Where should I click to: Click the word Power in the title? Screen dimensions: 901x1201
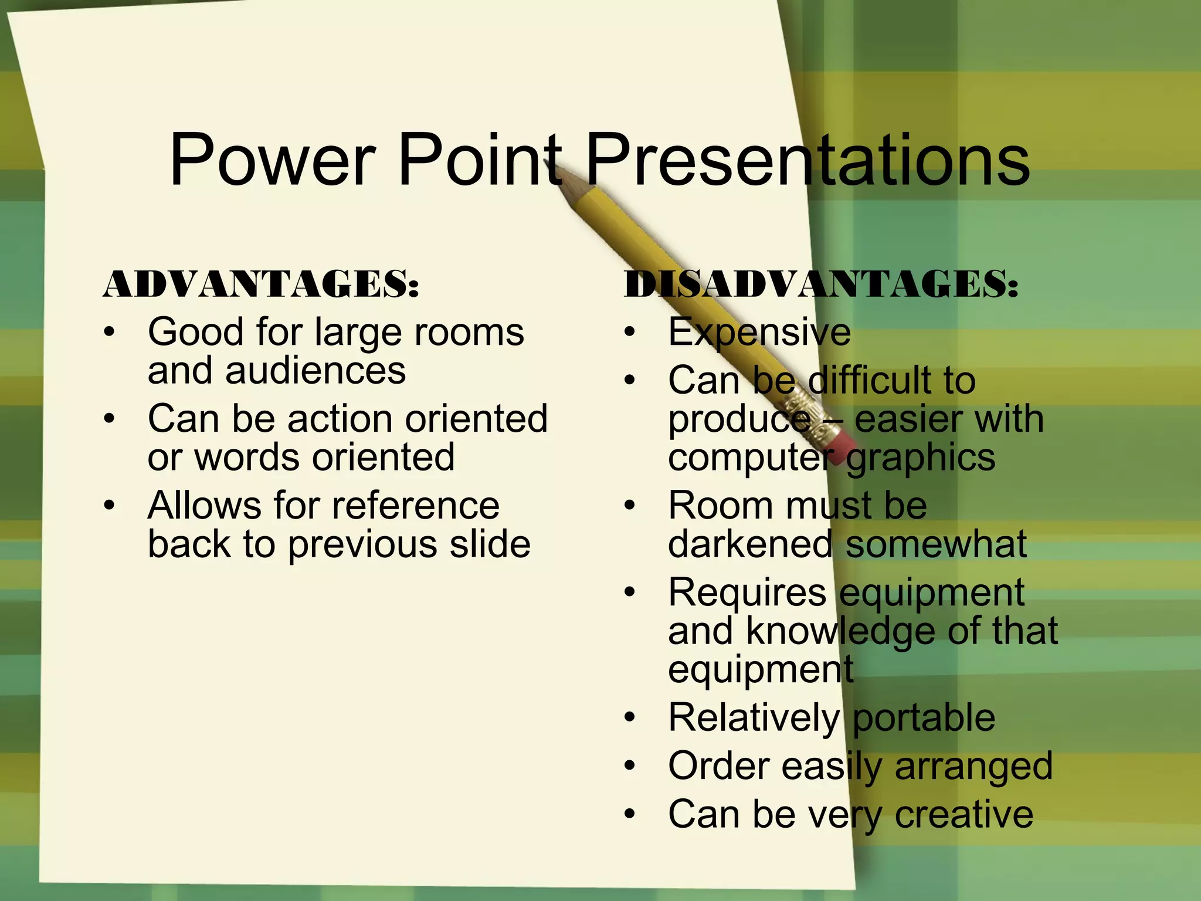tap(272, 160)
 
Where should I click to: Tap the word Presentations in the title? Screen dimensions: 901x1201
tap(807, 160)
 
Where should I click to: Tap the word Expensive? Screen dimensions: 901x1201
tap(759, 333)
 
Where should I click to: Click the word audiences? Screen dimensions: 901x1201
tap(315, 371)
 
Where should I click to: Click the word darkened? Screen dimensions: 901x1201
tap(750, 544)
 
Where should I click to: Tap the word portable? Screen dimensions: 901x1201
tap(924, 717)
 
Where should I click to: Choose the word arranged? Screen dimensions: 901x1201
tap(973, 766)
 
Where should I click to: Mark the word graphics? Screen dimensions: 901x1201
tap(921, 458)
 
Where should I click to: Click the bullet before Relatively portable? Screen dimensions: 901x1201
tap(630, 717)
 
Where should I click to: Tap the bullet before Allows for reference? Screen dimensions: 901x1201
tap(109, 506)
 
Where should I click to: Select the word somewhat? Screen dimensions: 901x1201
tap(936, 544)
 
